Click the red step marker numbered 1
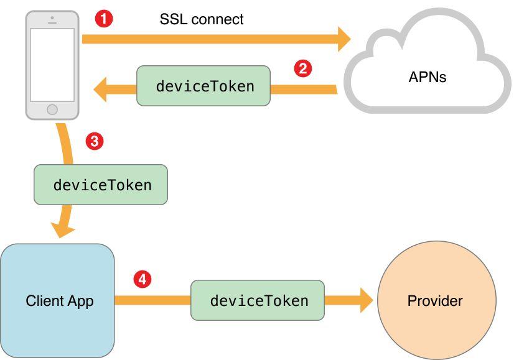coord(104,19)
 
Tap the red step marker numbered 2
coord(302,68)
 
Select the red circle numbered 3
coord(93,142)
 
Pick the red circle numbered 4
coord(143,280)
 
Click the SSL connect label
coord(202,19)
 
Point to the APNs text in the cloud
coord(428,78)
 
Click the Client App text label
coord(60,301)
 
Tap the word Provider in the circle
coord(435,301)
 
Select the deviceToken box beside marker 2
coord(204,86)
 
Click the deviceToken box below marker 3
coord(101,185)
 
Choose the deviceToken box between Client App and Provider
coord(258,300)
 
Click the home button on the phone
coord(52,109)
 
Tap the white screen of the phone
coord(52,65)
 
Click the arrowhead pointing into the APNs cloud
coord(344,39)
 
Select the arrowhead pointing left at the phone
coord(101,91)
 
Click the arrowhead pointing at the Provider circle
coord(364,301)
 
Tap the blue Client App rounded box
coord(58,330)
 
